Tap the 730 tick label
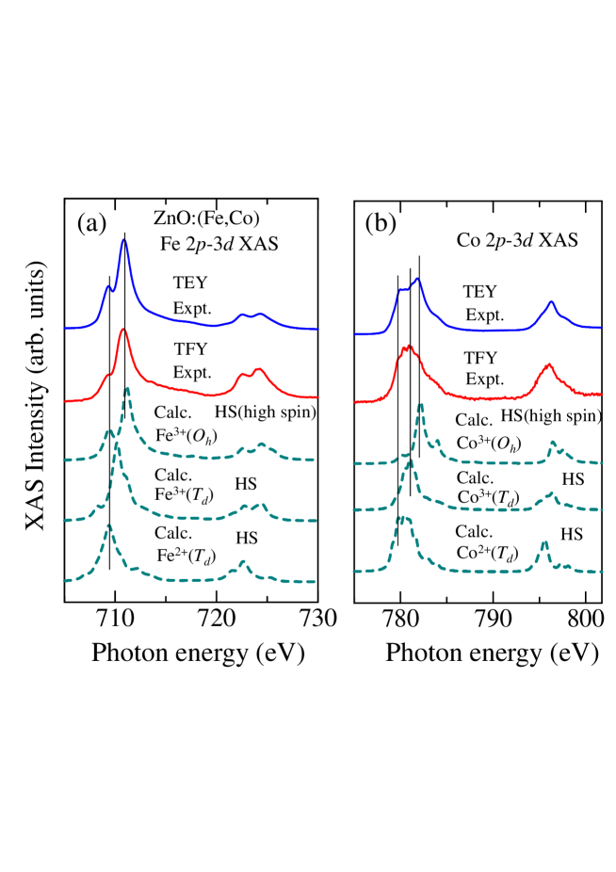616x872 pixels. click(x=316, y=621)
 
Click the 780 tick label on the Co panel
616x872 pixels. click(x=400, y=621)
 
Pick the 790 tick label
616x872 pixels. click(x=493, y=621)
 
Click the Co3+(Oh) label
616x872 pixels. click(x=487, y=439)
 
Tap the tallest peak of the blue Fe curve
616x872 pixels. click(x=123, y=241)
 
